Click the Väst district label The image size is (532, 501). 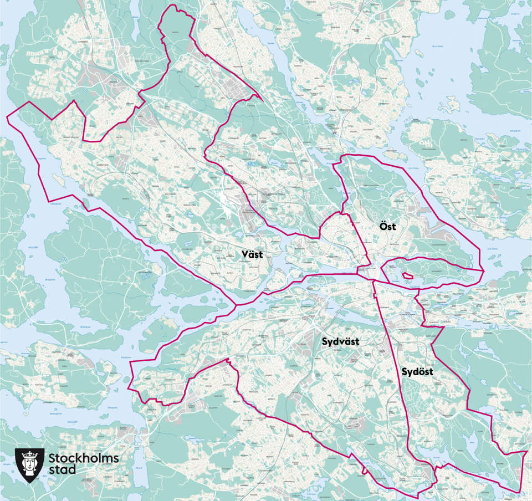coord(252,254)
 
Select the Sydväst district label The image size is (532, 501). coord(340,342)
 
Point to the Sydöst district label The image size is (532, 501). coord(417,372)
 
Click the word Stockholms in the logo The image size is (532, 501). coord(84,458)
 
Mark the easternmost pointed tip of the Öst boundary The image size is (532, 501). coord(483,271)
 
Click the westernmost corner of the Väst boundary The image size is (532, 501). coord(7,115)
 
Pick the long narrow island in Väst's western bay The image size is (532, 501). coord(56,179)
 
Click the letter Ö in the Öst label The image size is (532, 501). coord(382,226)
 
